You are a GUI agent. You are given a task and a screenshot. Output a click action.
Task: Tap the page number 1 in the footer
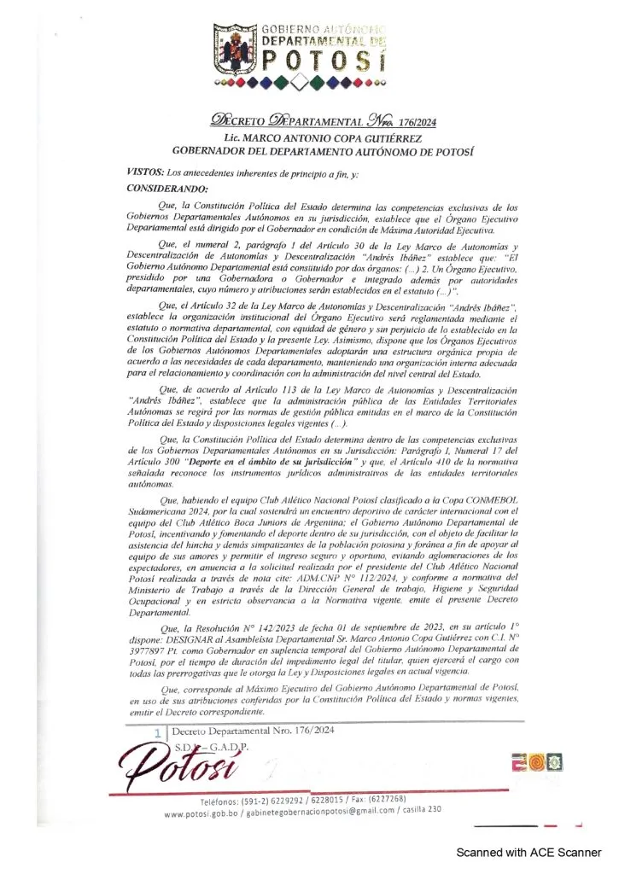click(x=158, y=732)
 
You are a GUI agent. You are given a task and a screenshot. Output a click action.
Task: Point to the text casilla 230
click(x=420, y=808)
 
